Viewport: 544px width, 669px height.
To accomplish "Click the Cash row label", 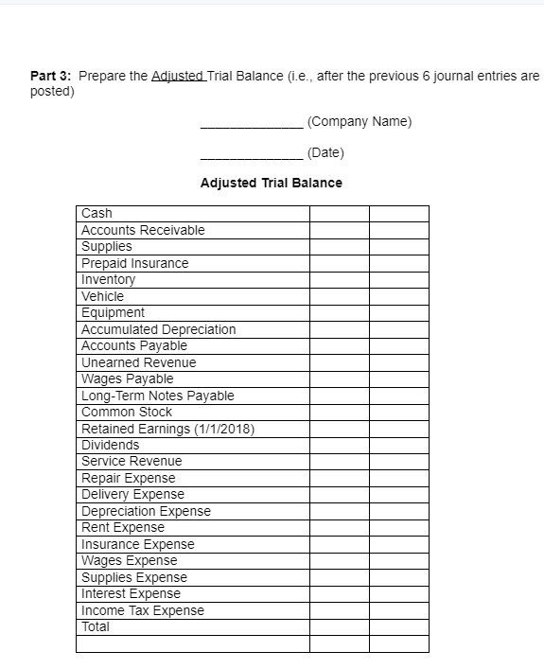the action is (97, 214).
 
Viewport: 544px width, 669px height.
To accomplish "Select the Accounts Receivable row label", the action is (143, 230).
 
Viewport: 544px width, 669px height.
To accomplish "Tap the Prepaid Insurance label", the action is (134, 263).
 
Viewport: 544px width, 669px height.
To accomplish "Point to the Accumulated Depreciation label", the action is (158, 329).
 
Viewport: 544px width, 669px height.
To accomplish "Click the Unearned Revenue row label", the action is (138, 362).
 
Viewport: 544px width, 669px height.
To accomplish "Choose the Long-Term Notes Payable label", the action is (157, 396).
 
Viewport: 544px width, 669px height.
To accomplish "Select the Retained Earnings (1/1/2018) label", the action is (167, 429).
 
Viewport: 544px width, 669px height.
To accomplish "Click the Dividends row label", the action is (110, 445).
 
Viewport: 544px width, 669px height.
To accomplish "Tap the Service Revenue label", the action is (132, 461).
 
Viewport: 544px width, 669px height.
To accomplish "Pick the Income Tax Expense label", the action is (142, 610).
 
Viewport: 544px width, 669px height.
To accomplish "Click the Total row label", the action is (96, 626).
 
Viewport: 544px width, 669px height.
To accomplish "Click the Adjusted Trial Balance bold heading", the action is (272, 183).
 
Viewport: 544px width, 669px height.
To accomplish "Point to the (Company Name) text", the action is (360, 122).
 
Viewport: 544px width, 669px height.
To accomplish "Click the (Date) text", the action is (325, 152).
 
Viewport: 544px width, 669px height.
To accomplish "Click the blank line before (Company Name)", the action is (252, 125).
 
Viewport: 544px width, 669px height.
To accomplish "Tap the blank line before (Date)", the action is (252, 156).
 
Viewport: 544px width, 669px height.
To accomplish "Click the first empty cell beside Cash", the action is (339, 214).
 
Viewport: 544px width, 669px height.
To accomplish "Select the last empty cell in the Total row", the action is (398, 626).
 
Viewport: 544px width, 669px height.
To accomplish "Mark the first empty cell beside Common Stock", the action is (339, 413).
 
